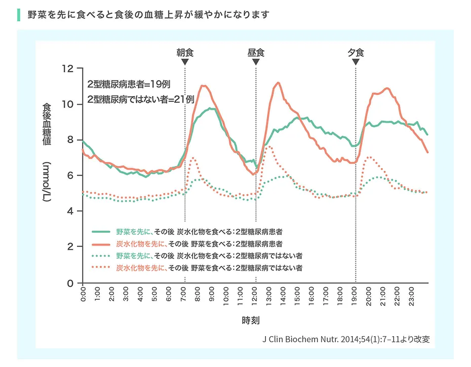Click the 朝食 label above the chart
[x=185, y=52]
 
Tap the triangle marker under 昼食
[x=256, y=62]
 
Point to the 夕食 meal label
[x=356, y=52]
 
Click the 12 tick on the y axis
[x=68, y=68]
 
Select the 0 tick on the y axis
[x=70, y=282]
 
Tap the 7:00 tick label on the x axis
[x=185, y=295]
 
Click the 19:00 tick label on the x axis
[x=356, y=295]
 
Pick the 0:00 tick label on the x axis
[x=84, y=295]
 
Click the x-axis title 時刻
[x=251, y=320]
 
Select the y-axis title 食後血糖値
[x=46, y=124]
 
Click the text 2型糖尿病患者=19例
[x=128, y=84]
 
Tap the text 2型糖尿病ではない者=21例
[x=141, y=99]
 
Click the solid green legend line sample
[x=101, y=231]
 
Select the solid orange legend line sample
[x=101, y=243]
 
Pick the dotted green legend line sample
[x=101, y=255]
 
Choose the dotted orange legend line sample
[x=101, y=267]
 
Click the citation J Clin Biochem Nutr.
[x=346, y=339]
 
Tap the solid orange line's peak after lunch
[x=278, y=83]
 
